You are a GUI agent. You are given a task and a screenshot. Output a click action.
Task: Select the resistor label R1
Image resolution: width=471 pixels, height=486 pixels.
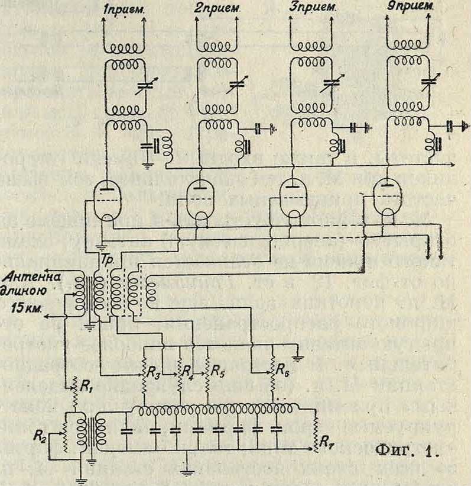click(87, 390)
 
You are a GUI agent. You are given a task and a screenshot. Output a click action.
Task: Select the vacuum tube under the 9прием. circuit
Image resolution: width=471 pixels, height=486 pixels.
click(388, 198)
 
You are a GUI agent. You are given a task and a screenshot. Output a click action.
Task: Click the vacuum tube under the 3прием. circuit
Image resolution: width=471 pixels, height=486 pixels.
click(295, 198)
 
